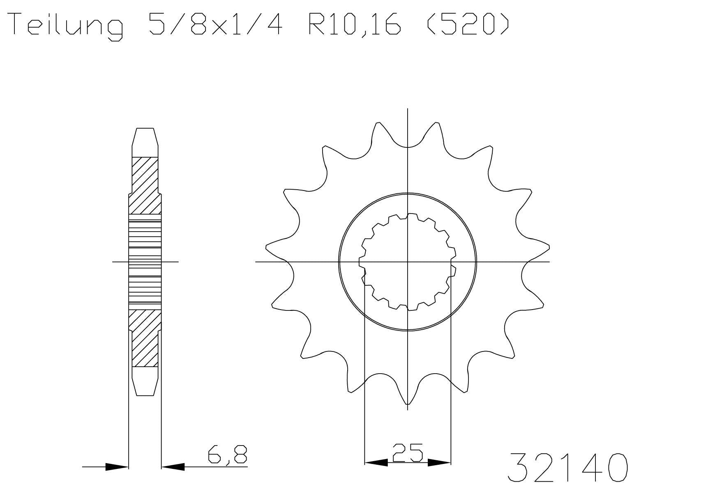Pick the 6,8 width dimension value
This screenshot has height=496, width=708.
pos(227,455)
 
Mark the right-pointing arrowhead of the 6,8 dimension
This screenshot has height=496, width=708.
pos(117,467)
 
